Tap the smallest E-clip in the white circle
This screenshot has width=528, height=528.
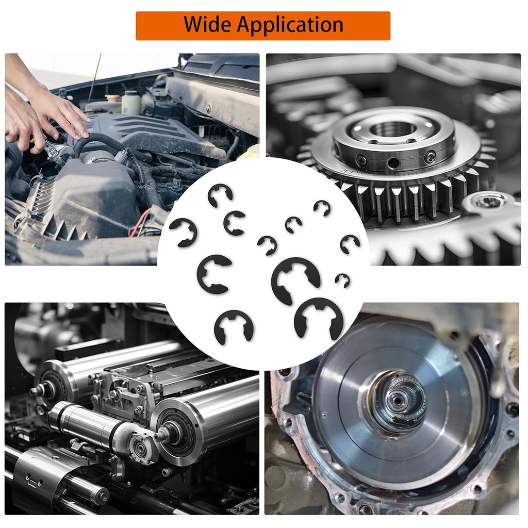(x=342, y=280)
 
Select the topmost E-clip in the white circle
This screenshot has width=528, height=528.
(x=220, y=196)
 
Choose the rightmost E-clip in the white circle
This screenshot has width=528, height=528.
(x=350, y=243)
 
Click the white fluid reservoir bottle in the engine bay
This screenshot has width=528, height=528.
(x=131, y=103)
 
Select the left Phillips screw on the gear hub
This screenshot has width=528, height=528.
(x=362, y=160)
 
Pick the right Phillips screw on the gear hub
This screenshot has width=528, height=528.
(x=429, y=158)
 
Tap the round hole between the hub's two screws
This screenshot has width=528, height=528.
(x=393, y=163)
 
